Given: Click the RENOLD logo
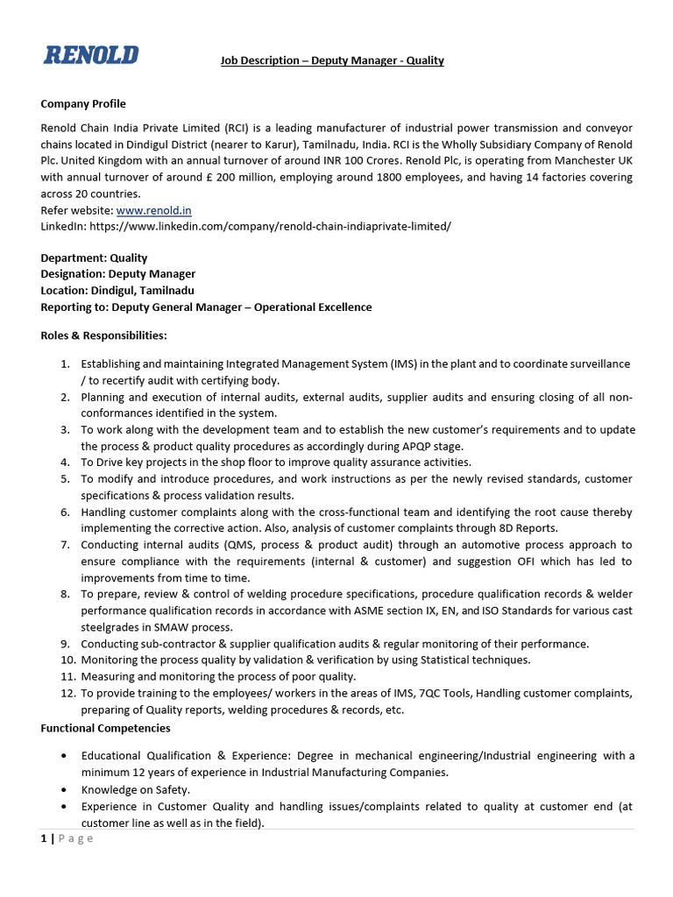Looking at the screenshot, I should tap(91, 54).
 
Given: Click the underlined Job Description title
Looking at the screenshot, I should tap(330, 60).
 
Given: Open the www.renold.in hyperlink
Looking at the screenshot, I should tap(153, 210).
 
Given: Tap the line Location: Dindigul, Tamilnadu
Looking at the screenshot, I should tap(117, 291).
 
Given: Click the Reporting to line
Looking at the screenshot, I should tap(206, 307).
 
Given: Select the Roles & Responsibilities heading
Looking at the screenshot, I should tap(103, 335).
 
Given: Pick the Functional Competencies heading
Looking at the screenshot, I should tap(105, 728).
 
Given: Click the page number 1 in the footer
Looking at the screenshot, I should tap(44, 838).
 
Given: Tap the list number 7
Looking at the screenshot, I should tap(65, 545).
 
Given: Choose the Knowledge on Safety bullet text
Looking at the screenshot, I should tap(135, 789).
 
